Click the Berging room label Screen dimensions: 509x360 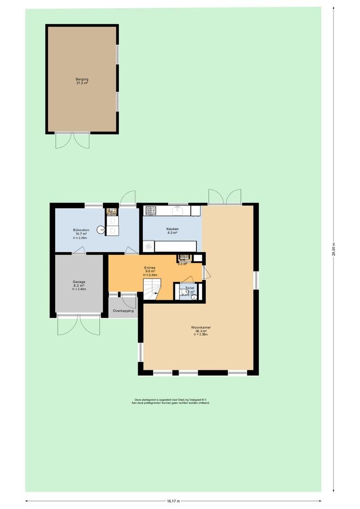tap(82, 79)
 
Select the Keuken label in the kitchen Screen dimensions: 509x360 tap(172, 229)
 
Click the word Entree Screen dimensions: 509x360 tap(150, 267)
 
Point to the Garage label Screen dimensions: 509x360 tap(79, 281)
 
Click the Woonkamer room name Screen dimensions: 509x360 tap(201, 327)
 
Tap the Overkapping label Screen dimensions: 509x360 tap(123, 311)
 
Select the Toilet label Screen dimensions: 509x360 tap(189, 287)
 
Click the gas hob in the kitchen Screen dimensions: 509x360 tap(150, 210)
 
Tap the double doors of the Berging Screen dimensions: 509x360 tap(73, 140)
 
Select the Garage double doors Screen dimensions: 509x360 tap(79, 325)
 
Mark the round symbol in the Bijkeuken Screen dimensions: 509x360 tap(101, 230)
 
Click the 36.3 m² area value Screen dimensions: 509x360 tap(201, 331)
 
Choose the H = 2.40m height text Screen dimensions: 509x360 tap(150, 275)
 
